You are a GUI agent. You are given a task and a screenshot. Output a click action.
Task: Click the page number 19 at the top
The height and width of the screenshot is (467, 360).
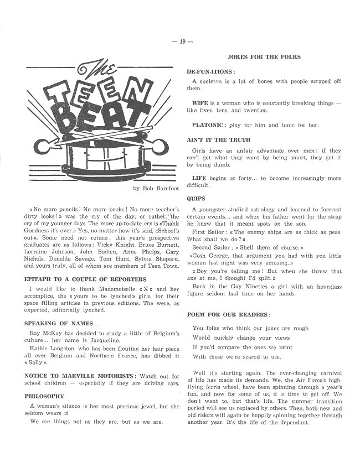tap(179, 43)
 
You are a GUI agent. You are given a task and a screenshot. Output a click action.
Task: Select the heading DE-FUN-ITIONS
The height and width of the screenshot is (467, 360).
tap(211, 72)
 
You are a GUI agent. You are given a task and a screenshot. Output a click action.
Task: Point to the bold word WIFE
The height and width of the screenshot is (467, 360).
tap(200, 103)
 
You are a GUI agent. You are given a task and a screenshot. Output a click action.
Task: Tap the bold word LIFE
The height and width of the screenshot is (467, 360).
tap(199, 178)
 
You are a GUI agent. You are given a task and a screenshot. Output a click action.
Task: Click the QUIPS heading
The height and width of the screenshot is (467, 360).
tap(196, 198)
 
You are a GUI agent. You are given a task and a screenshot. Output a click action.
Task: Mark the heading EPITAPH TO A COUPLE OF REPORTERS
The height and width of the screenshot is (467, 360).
tap(85, 279)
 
